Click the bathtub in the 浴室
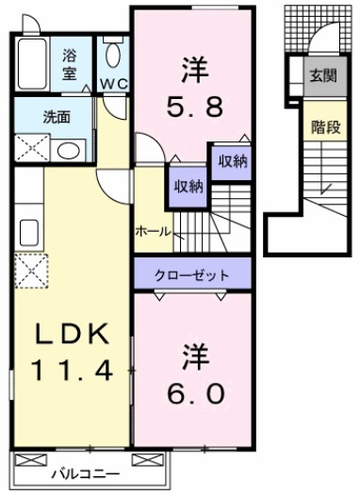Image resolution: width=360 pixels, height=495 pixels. [x=35, y=64]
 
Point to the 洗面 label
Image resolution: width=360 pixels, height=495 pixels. [x=32, y=118]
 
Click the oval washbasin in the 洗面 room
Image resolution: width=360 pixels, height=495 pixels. [x=66, y=149]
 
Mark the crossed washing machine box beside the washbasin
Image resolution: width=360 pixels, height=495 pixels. [x=32, y=148]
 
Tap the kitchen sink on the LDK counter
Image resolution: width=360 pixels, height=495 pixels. [x=28, y=232]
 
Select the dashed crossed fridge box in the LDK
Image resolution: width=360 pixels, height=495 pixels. [x=29, y=271]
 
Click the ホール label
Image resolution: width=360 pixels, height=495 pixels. [x=153, y=229]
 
